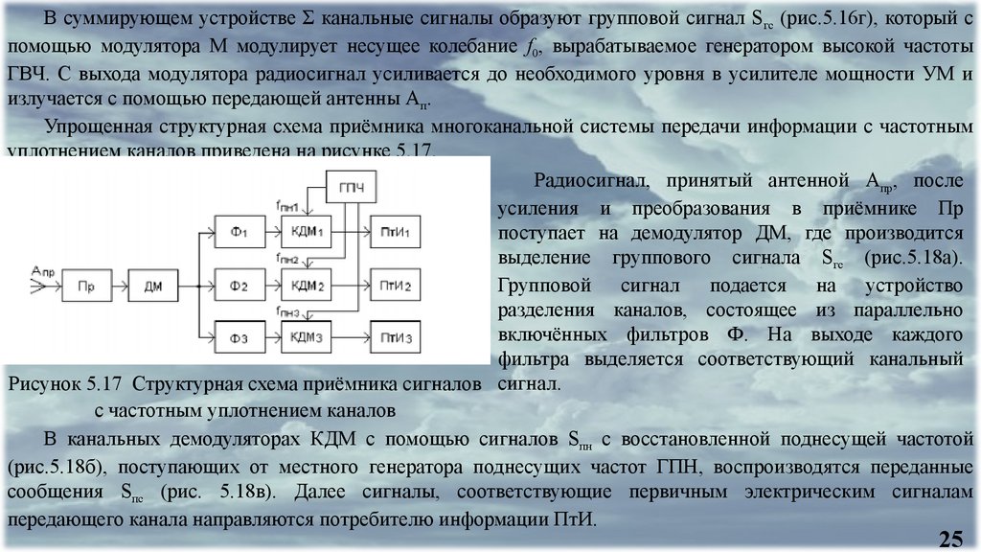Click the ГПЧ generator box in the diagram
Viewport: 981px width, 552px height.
351,186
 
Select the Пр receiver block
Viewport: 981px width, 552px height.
87,286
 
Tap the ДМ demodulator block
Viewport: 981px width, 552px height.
154,286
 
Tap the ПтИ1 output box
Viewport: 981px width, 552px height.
397,233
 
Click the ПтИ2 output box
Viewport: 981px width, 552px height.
397,286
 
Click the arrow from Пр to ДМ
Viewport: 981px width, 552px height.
121,286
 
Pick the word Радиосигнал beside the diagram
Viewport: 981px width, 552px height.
588,179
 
